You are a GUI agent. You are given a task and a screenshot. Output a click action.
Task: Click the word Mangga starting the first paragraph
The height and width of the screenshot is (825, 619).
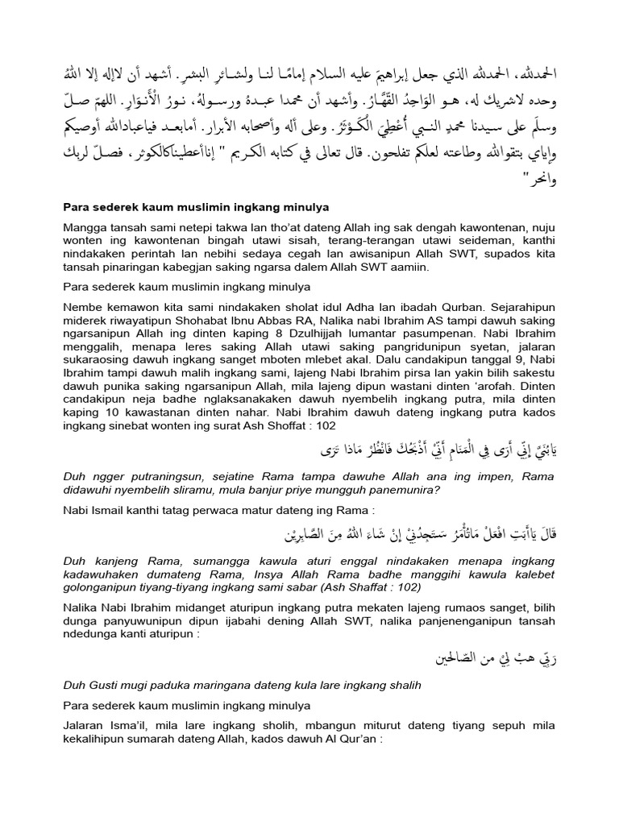coord(85,228)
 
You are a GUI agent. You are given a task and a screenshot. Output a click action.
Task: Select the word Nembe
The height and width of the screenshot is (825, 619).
coord(83,307)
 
